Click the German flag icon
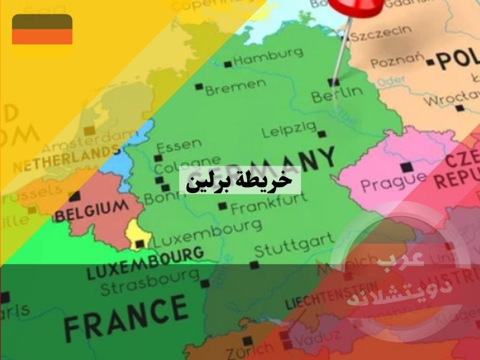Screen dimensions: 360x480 [x=42, y=29]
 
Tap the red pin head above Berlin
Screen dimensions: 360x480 [x=355, y=6]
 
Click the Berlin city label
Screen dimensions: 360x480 [x=337, y=94]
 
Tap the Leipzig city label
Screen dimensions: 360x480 [x=289, y=129]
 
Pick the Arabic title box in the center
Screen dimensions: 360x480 [x=240, y=180]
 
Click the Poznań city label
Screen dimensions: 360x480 [x=397, y=62]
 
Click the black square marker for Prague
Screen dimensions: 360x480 [x=408, y=166]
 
